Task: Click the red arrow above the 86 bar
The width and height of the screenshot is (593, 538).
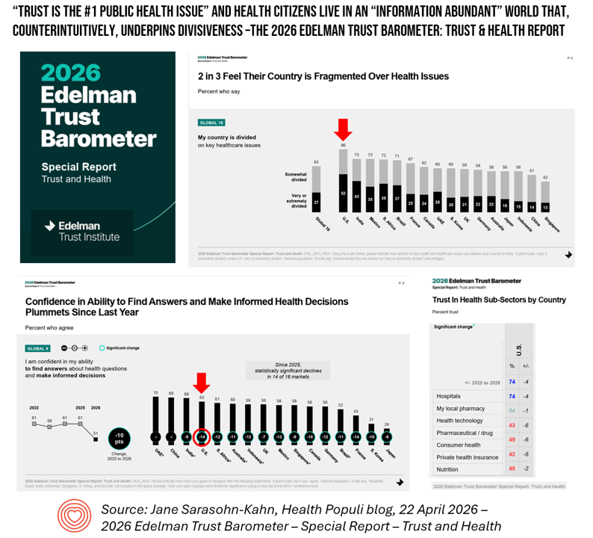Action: (343, 129)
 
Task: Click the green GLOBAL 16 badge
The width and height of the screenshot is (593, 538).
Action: (211, 123)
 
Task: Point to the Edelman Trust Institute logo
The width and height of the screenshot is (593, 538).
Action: (81, 231)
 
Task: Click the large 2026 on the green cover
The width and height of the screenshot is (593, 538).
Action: (70, 72)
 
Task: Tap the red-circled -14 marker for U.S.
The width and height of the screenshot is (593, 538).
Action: (202, 436)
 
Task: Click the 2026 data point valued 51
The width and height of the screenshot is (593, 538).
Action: (95, 439)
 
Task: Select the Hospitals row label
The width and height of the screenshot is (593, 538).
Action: (450, 396)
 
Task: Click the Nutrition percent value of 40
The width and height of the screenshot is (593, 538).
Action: (512, 469)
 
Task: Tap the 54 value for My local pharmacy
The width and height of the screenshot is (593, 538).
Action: (512, 409)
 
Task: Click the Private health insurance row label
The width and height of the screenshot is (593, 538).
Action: (467, 456)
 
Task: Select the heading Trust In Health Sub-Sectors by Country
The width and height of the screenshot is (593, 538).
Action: (499, 299)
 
